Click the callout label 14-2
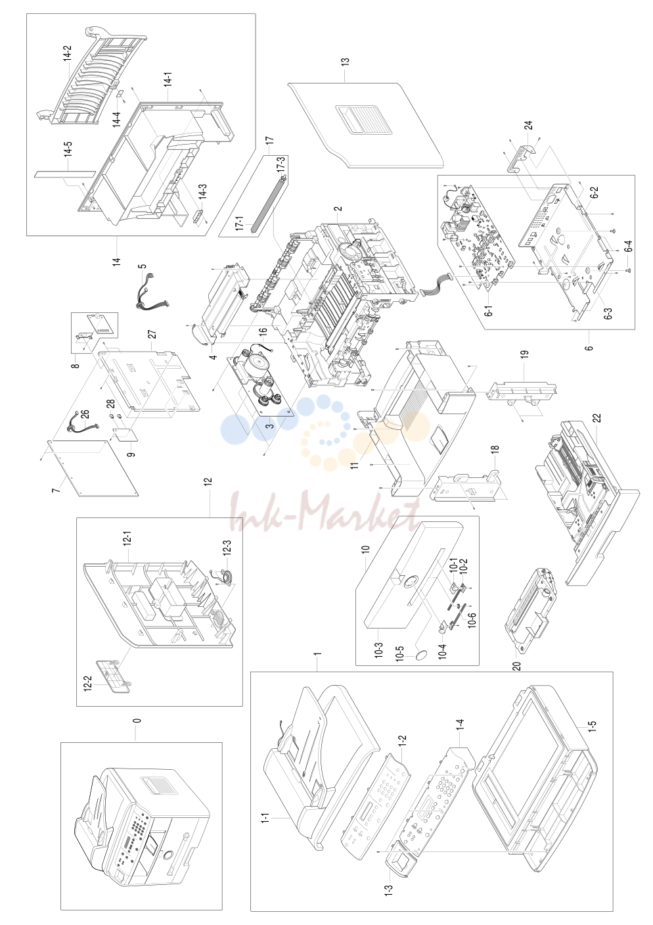(x=67, y=53)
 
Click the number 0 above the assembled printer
(x=137, y=720)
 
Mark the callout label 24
(x=528, y=126)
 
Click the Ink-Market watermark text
(x=325, y=512)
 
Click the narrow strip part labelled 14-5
(x=64, y=172)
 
